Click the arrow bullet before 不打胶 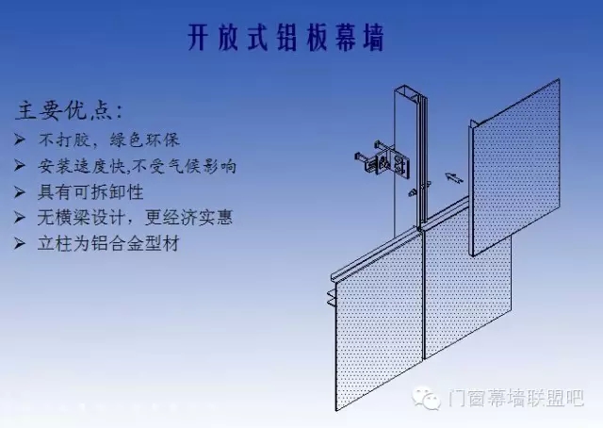[21, 140]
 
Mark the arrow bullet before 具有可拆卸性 [21, 192]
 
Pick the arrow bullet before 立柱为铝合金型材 [21, 244]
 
